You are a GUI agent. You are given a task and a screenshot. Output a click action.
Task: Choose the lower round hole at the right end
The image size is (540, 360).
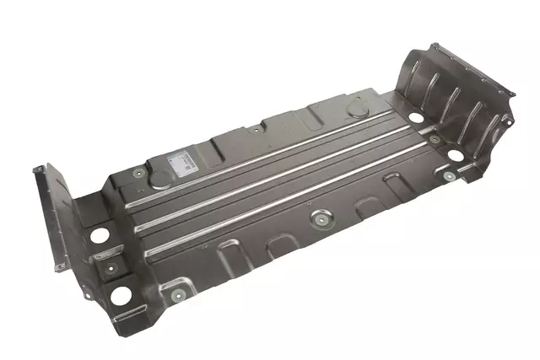(456, 156)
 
